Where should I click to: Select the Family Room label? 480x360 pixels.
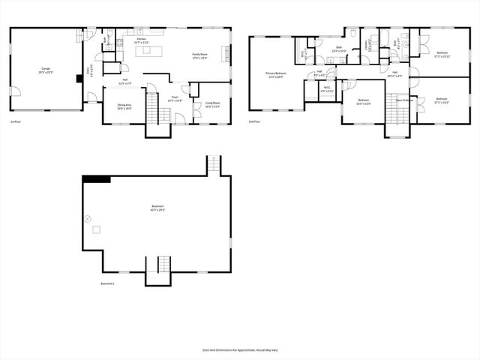(199, 55)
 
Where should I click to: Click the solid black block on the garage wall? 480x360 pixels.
(78, 77)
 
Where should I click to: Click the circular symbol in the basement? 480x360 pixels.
(88, 219)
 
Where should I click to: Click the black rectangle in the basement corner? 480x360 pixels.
(96, 178)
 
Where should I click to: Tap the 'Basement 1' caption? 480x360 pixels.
(108, 283)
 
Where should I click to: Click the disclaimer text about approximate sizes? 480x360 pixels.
(239, 349)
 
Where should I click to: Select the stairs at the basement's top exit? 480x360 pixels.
(215, 164)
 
